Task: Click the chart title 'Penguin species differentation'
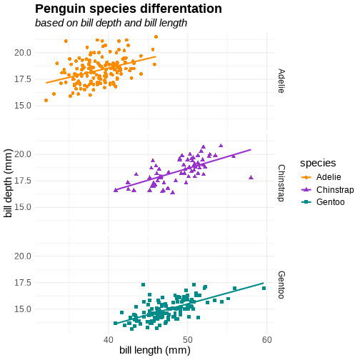(x=129, y=9)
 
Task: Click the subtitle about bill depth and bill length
(x=111, y=23)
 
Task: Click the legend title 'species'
(x=318, y=163)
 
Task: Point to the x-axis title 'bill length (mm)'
(x=155, y=350)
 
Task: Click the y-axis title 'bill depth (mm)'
(x=8, y=183)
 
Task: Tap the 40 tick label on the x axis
(x=109, y=340)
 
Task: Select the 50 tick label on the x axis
(x=188, y=340)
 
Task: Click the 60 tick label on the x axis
(x=267, y=340)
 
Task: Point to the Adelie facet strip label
(x=281, y=81)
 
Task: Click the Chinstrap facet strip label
(x=281, y=183)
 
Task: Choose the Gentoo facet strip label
(x=281, y=285)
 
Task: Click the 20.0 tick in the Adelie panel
(x=23, y=53)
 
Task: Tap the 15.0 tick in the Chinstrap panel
(x=23, y=207)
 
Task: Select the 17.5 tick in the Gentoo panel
(x=23, y=283)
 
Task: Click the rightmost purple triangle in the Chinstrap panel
(x=251, y=177)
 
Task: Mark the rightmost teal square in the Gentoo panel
(x=264, y=289)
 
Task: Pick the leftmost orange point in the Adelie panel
(x=46, y=101)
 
